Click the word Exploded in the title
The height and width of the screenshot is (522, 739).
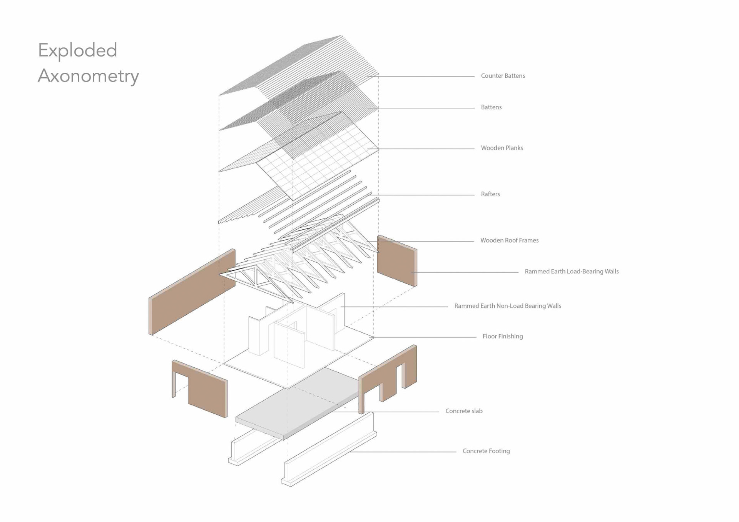point(77,50)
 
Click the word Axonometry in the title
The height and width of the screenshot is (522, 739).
point(88,76)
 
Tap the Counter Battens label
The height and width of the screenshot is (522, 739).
point(503,76)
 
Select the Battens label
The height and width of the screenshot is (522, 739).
point(491,107)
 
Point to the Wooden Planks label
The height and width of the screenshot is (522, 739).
point(502,148)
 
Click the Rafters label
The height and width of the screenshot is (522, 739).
point(490,194)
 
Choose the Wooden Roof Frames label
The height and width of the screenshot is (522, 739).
point(509,240)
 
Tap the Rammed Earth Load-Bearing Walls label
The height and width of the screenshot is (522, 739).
point(572,272)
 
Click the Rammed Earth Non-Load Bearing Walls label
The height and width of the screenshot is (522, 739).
point(508,306)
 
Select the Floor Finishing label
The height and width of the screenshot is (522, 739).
point(503,337)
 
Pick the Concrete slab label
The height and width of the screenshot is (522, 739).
point(464,411)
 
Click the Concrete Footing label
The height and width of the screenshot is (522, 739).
point(486,451)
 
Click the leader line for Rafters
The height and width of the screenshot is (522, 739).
point(423,195)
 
